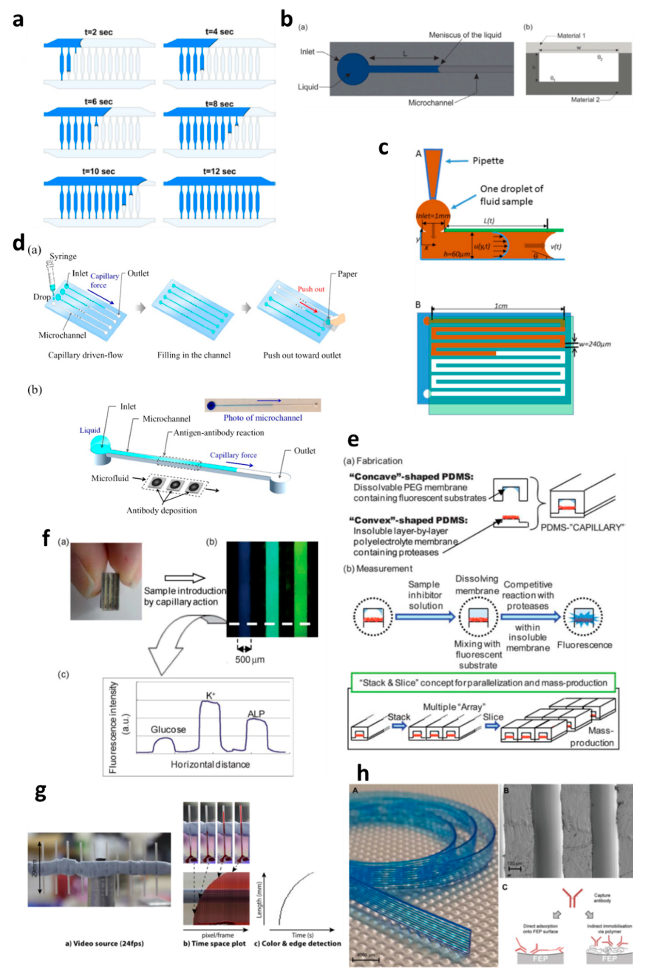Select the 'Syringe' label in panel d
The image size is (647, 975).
(63, 256)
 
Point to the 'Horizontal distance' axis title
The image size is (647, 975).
(210, 765)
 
